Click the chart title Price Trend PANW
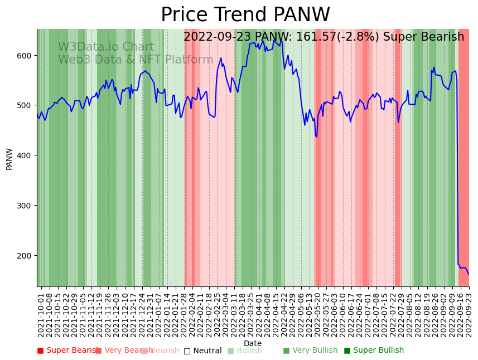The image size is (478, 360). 245,15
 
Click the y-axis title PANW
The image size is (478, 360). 9,159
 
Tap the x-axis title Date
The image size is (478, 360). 253,344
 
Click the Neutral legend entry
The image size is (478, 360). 202,351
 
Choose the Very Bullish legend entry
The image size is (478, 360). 310,351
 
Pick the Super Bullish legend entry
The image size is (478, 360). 374,351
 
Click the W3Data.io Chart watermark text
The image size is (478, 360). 106,47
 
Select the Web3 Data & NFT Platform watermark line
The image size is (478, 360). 136,60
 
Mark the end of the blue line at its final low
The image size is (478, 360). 469,274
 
